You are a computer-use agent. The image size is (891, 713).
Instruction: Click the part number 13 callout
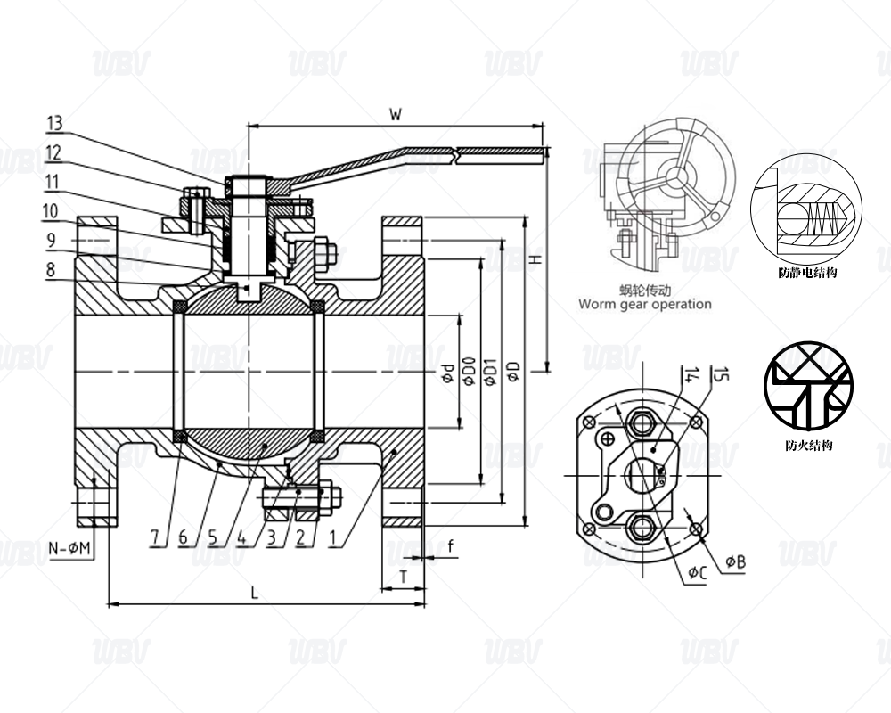point(54,123)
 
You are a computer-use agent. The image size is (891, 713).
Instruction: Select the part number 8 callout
point(51,269)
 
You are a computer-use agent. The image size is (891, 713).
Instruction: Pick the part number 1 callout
point(334,537)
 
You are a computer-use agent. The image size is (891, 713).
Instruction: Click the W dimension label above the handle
point(396,114)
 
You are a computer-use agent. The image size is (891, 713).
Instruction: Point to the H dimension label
point(535,259)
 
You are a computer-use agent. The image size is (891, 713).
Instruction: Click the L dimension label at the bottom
point(255,593)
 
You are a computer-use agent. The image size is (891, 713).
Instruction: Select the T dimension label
point(403,578)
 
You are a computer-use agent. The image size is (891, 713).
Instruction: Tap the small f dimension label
point(451,546)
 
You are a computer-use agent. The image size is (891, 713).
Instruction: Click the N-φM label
point(69,549)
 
